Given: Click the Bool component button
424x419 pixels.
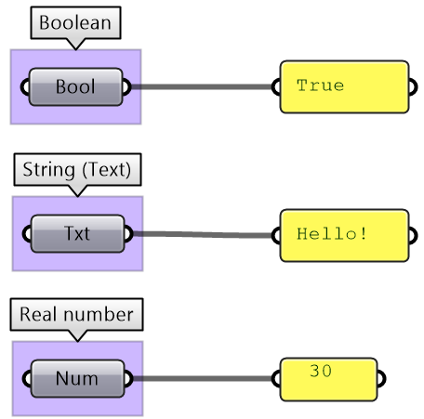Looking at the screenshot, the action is coord(76,86).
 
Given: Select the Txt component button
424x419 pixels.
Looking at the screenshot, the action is coord(78,233).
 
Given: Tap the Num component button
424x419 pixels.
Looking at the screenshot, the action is coord(78,378).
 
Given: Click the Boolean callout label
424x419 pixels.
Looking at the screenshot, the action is coord(75,23).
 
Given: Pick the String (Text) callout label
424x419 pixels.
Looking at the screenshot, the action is coord(77,170).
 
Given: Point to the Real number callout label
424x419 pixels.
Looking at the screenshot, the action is coord(76,315).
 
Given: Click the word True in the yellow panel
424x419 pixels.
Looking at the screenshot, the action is coord(321,85).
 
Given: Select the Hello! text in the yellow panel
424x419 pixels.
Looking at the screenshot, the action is coord(332,234).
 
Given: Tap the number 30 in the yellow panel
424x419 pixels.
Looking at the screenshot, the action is coord(321,371).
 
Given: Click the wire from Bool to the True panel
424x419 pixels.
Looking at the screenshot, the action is coord(202,86).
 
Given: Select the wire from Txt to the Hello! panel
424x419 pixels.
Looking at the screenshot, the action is coord(203,235).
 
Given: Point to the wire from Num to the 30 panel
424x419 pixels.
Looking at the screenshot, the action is coord(203,378).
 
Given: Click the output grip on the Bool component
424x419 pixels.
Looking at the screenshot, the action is coord(127,86).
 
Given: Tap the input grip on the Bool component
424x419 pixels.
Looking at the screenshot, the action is coord(24,86).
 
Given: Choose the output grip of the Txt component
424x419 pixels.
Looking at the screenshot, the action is coord(129,234).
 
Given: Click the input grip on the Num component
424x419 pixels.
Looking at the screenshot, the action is coord(27,378).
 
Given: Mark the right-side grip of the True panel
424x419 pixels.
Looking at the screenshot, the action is coord(413,86).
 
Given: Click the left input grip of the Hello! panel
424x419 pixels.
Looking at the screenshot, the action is coord(276,235).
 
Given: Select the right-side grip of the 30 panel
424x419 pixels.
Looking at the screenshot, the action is coord(381,379).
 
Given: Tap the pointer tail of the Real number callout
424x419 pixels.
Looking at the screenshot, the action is coord(77,340).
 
